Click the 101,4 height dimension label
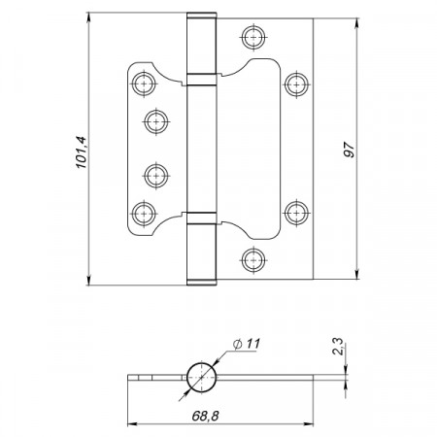tap(82, 152)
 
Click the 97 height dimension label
tap(349, 150)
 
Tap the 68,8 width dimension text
tap(205, 416)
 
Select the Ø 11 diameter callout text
tap(247, 344)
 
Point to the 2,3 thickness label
tap(338, 347)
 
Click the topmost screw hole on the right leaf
tap(253, 37)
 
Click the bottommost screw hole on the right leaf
tap(253, 260)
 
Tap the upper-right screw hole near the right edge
tap(296, 84)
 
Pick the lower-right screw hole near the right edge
tap(296, 213)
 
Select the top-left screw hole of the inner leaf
tap(143, 84)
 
